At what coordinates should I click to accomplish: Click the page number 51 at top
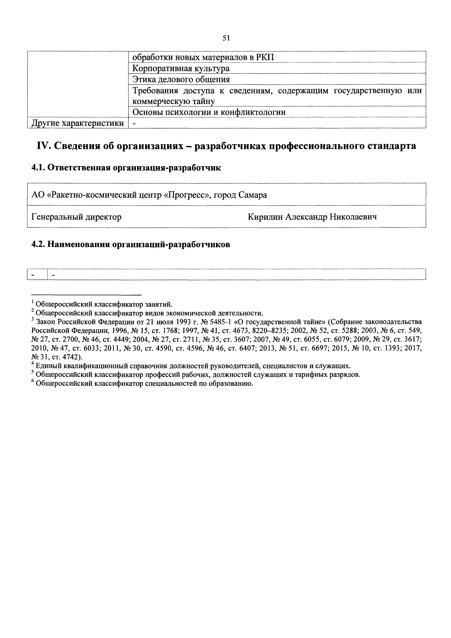coord(226,38)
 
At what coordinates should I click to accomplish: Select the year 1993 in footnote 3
coord(177,322)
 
